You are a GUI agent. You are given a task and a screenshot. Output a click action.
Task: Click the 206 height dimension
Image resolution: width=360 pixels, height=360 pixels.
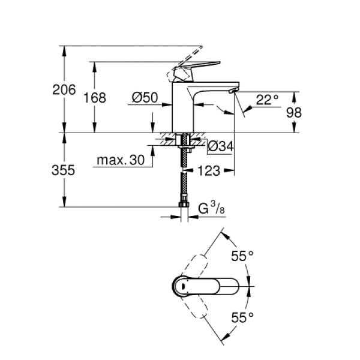coord(64,90)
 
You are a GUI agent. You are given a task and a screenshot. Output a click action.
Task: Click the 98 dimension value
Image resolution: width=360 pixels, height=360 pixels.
coord(310,112)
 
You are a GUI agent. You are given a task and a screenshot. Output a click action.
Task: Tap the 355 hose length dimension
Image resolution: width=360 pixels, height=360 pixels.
coord(64,170)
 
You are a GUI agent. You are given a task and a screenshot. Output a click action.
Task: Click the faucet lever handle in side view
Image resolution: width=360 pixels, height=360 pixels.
coord(192,69)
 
